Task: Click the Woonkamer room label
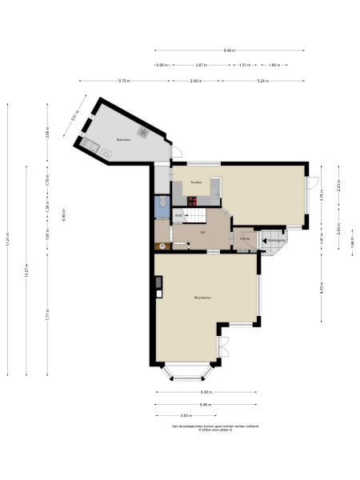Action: tap(202, 298)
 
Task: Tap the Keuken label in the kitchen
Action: tap(196, 182)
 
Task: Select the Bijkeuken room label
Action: tap(122, 138)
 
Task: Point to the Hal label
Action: tap(202, 232)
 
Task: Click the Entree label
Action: tap(245, 238)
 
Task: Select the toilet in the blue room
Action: tap(163, 205)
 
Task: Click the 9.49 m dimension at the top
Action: tap(229, 50)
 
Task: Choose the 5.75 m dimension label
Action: tap(124, 81)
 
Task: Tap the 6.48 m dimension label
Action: tap(207, 404)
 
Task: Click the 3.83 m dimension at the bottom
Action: tap(186, 415)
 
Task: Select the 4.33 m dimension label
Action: tap(321, 286)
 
